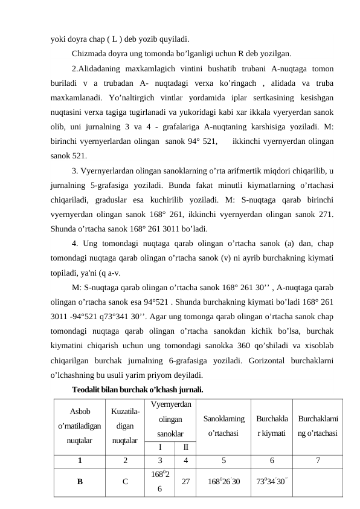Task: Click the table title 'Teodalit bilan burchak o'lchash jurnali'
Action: click(137, 389)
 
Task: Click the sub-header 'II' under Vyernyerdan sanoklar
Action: click(185, 447)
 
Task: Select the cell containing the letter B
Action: click(80, 482)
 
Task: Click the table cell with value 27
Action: click(185, 482)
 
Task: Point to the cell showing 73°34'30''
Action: click(272, 482)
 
